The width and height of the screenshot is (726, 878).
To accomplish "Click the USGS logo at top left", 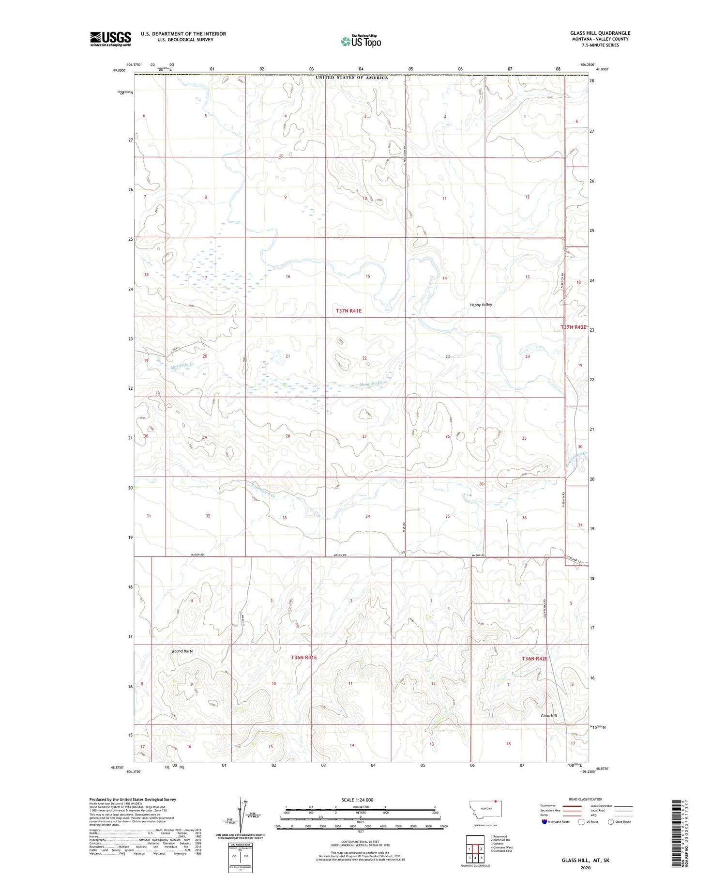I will point(110,39).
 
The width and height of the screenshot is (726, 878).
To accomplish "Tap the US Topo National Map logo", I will point(361,41).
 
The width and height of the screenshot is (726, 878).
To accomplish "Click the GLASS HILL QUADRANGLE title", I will point(600,33).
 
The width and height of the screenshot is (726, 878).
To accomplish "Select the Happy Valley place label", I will point(481,305).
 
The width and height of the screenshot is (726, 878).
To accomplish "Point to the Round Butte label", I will point(182,651).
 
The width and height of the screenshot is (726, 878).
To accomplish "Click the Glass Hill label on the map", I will point(549,716).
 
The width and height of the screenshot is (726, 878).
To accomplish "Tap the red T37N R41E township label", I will point(348,310).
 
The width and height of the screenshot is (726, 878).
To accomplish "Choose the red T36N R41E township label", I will point(304,658).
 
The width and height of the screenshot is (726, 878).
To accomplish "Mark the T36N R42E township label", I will point(534,659).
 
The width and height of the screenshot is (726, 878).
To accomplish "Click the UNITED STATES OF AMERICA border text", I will point(352,77).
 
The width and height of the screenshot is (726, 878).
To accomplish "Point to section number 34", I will point(368,516).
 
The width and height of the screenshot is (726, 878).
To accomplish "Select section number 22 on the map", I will point(364,358).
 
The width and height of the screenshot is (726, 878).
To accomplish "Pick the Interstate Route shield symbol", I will point(544,822).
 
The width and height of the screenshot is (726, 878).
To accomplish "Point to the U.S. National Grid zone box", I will point(240,858).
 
